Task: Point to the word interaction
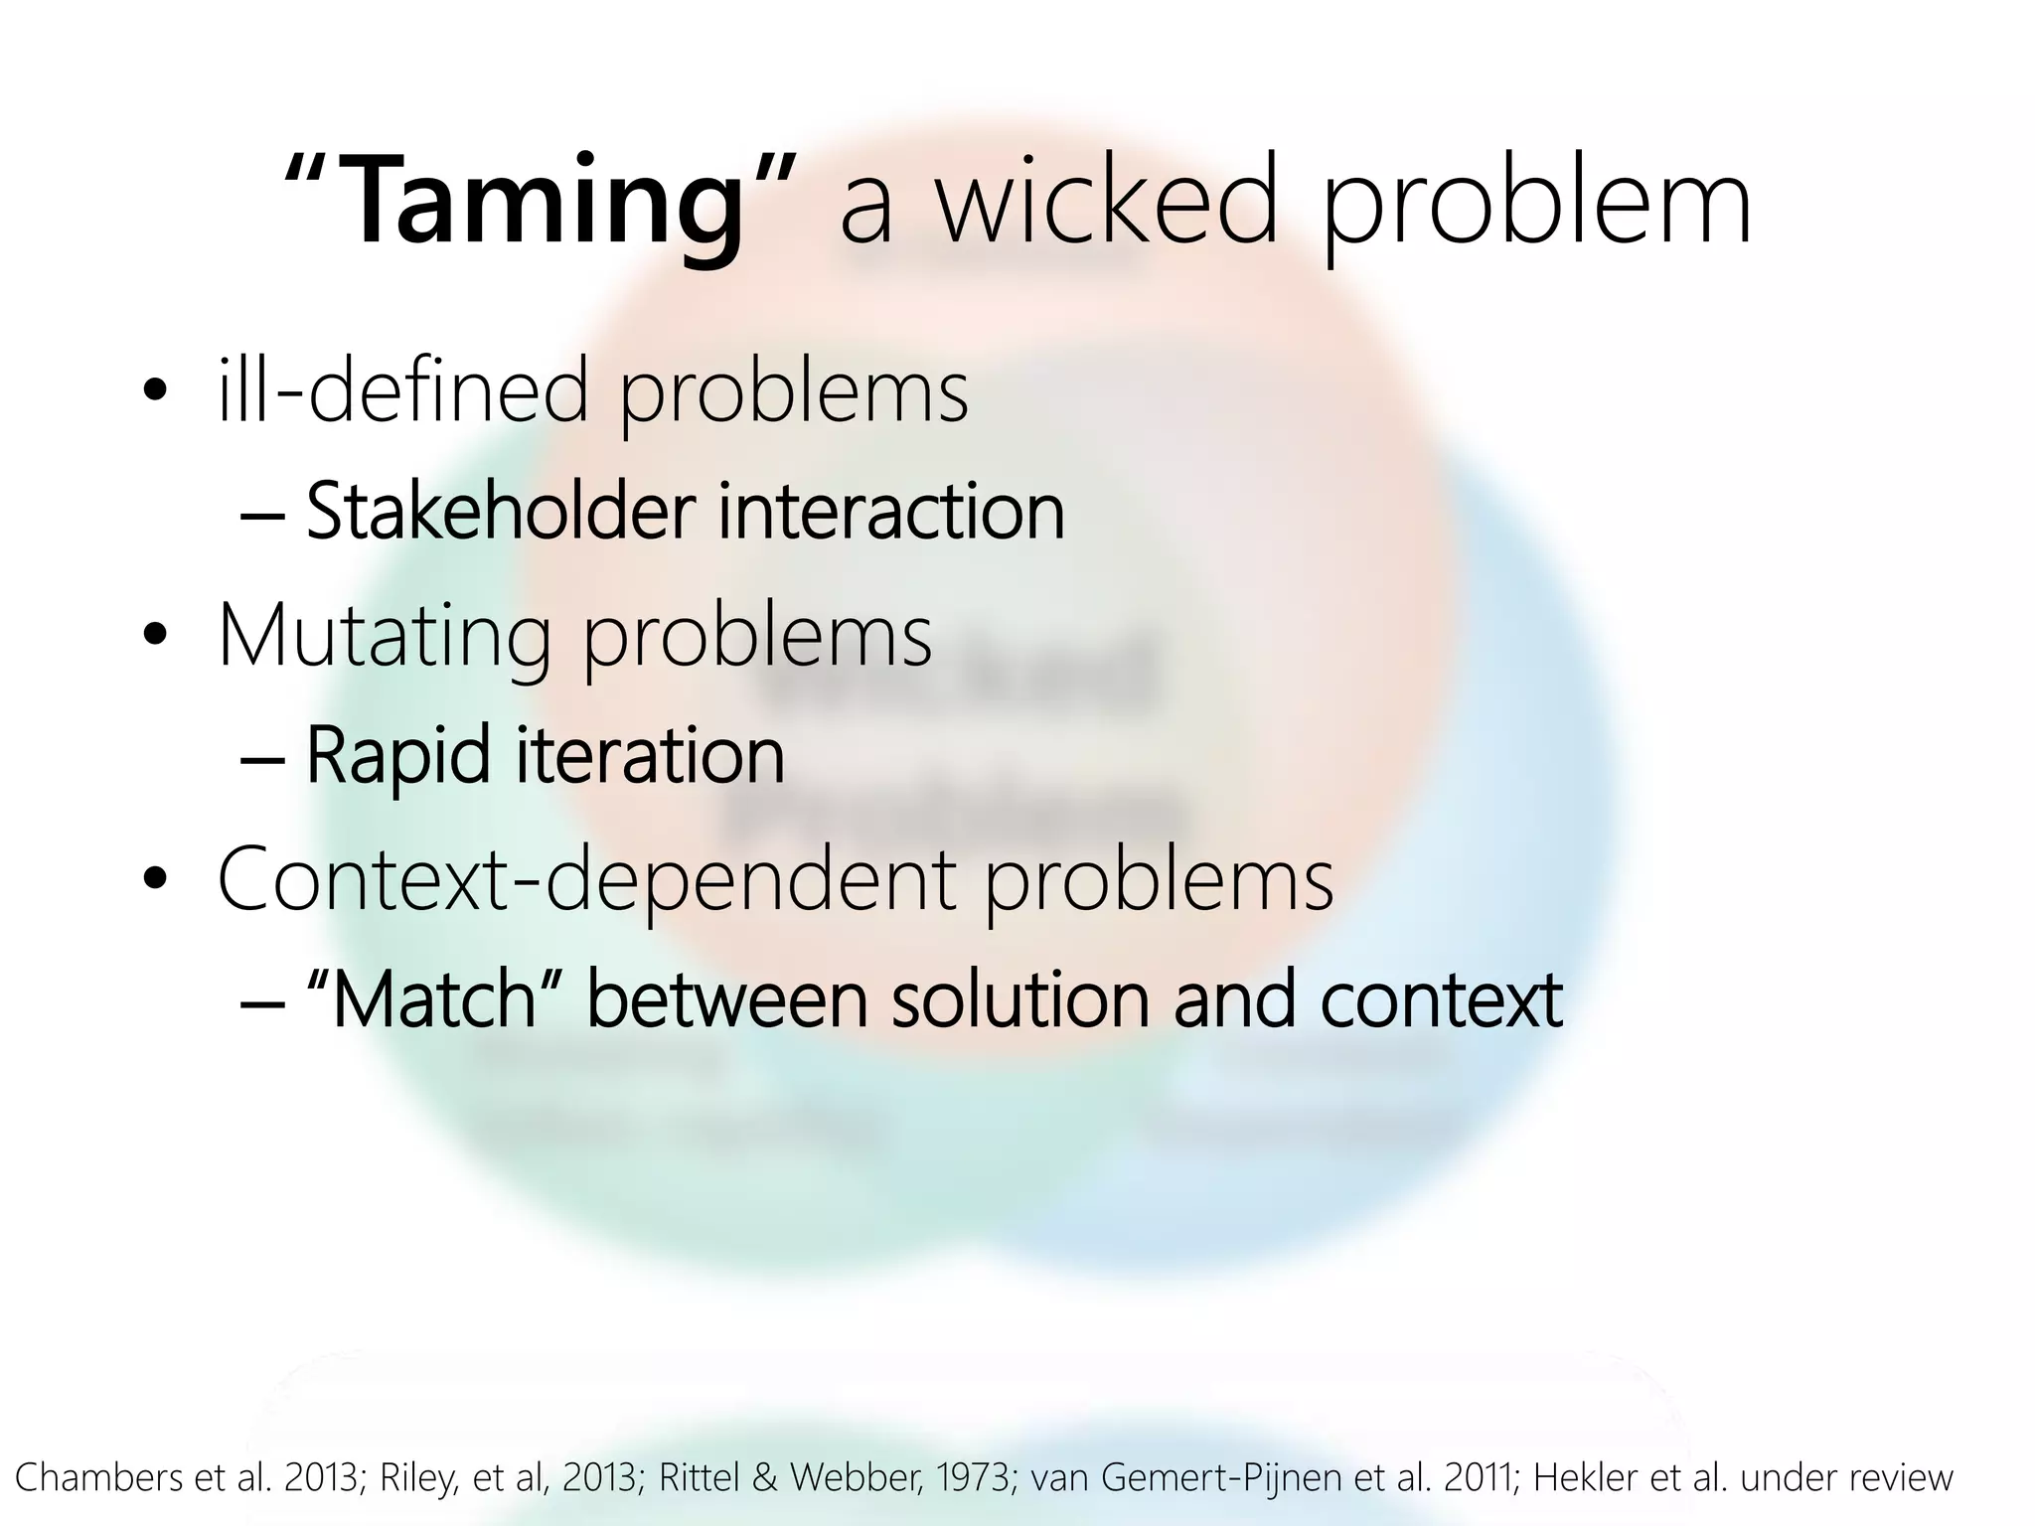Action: click(x=890, y=511)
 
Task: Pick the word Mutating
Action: click(x=384, y=637)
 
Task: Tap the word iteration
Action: click(x=650, y=755)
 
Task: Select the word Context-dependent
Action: click(x=586, y=878)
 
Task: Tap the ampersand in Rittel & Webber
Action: click(x=765, y=1477)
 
